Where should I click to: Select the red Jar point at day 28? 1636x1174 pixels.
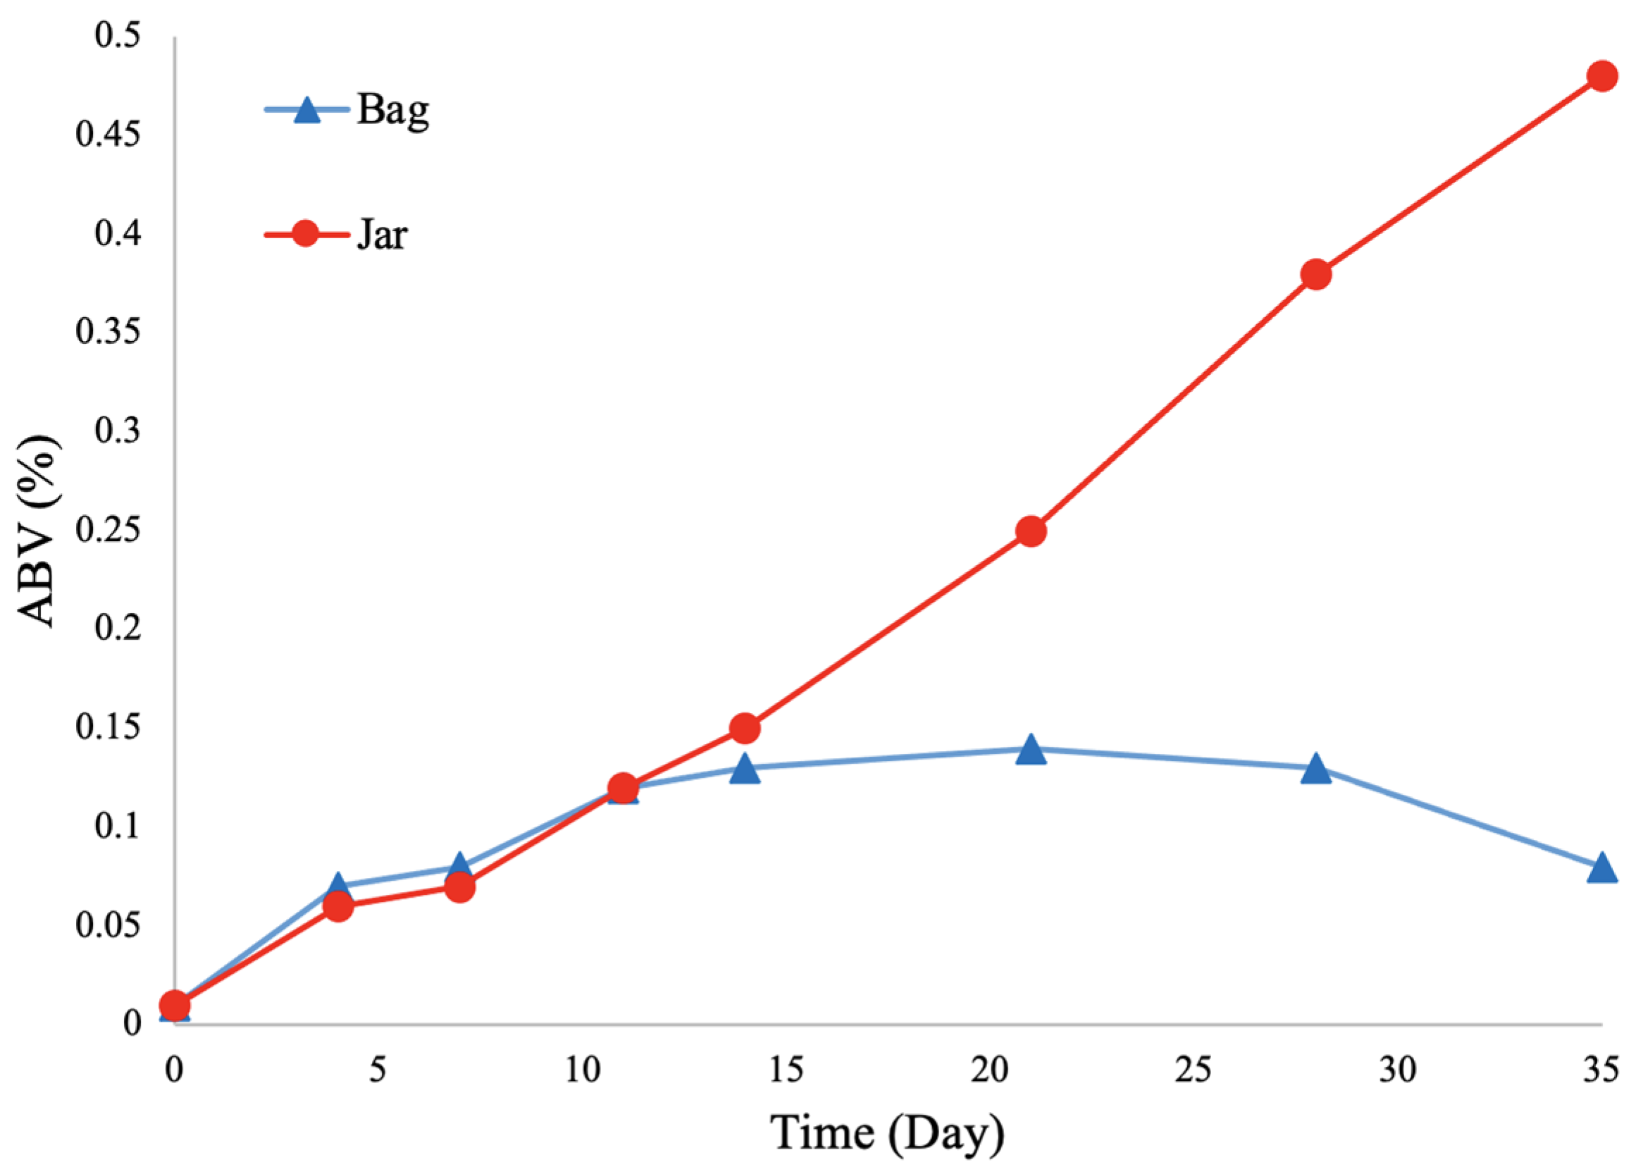1316,274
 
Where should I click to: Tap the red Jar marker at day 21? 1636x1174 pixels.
1031,531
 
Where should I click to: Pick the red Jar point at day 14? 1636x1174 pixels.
745,729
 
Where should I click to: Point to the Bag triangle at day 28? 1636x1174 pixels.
1316,770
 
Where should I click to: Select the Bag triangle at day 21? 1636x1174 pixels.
1031,750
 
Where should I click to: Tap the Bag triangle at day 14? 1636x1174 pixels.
745,770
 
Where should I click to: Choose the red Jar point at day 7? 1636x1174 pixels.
459,886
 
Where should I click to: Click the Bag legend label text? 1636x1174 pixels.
393,111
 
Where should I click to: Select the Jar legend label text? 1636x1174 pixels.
383,234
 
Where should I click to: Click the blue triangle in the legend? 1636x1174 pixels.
307,111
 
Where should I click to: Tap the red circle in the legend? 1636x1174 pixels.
306,234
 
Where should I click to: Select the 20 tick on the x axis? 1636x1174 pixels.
990,1071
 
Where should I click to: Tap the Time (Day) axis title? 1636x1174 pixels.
888,1134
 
